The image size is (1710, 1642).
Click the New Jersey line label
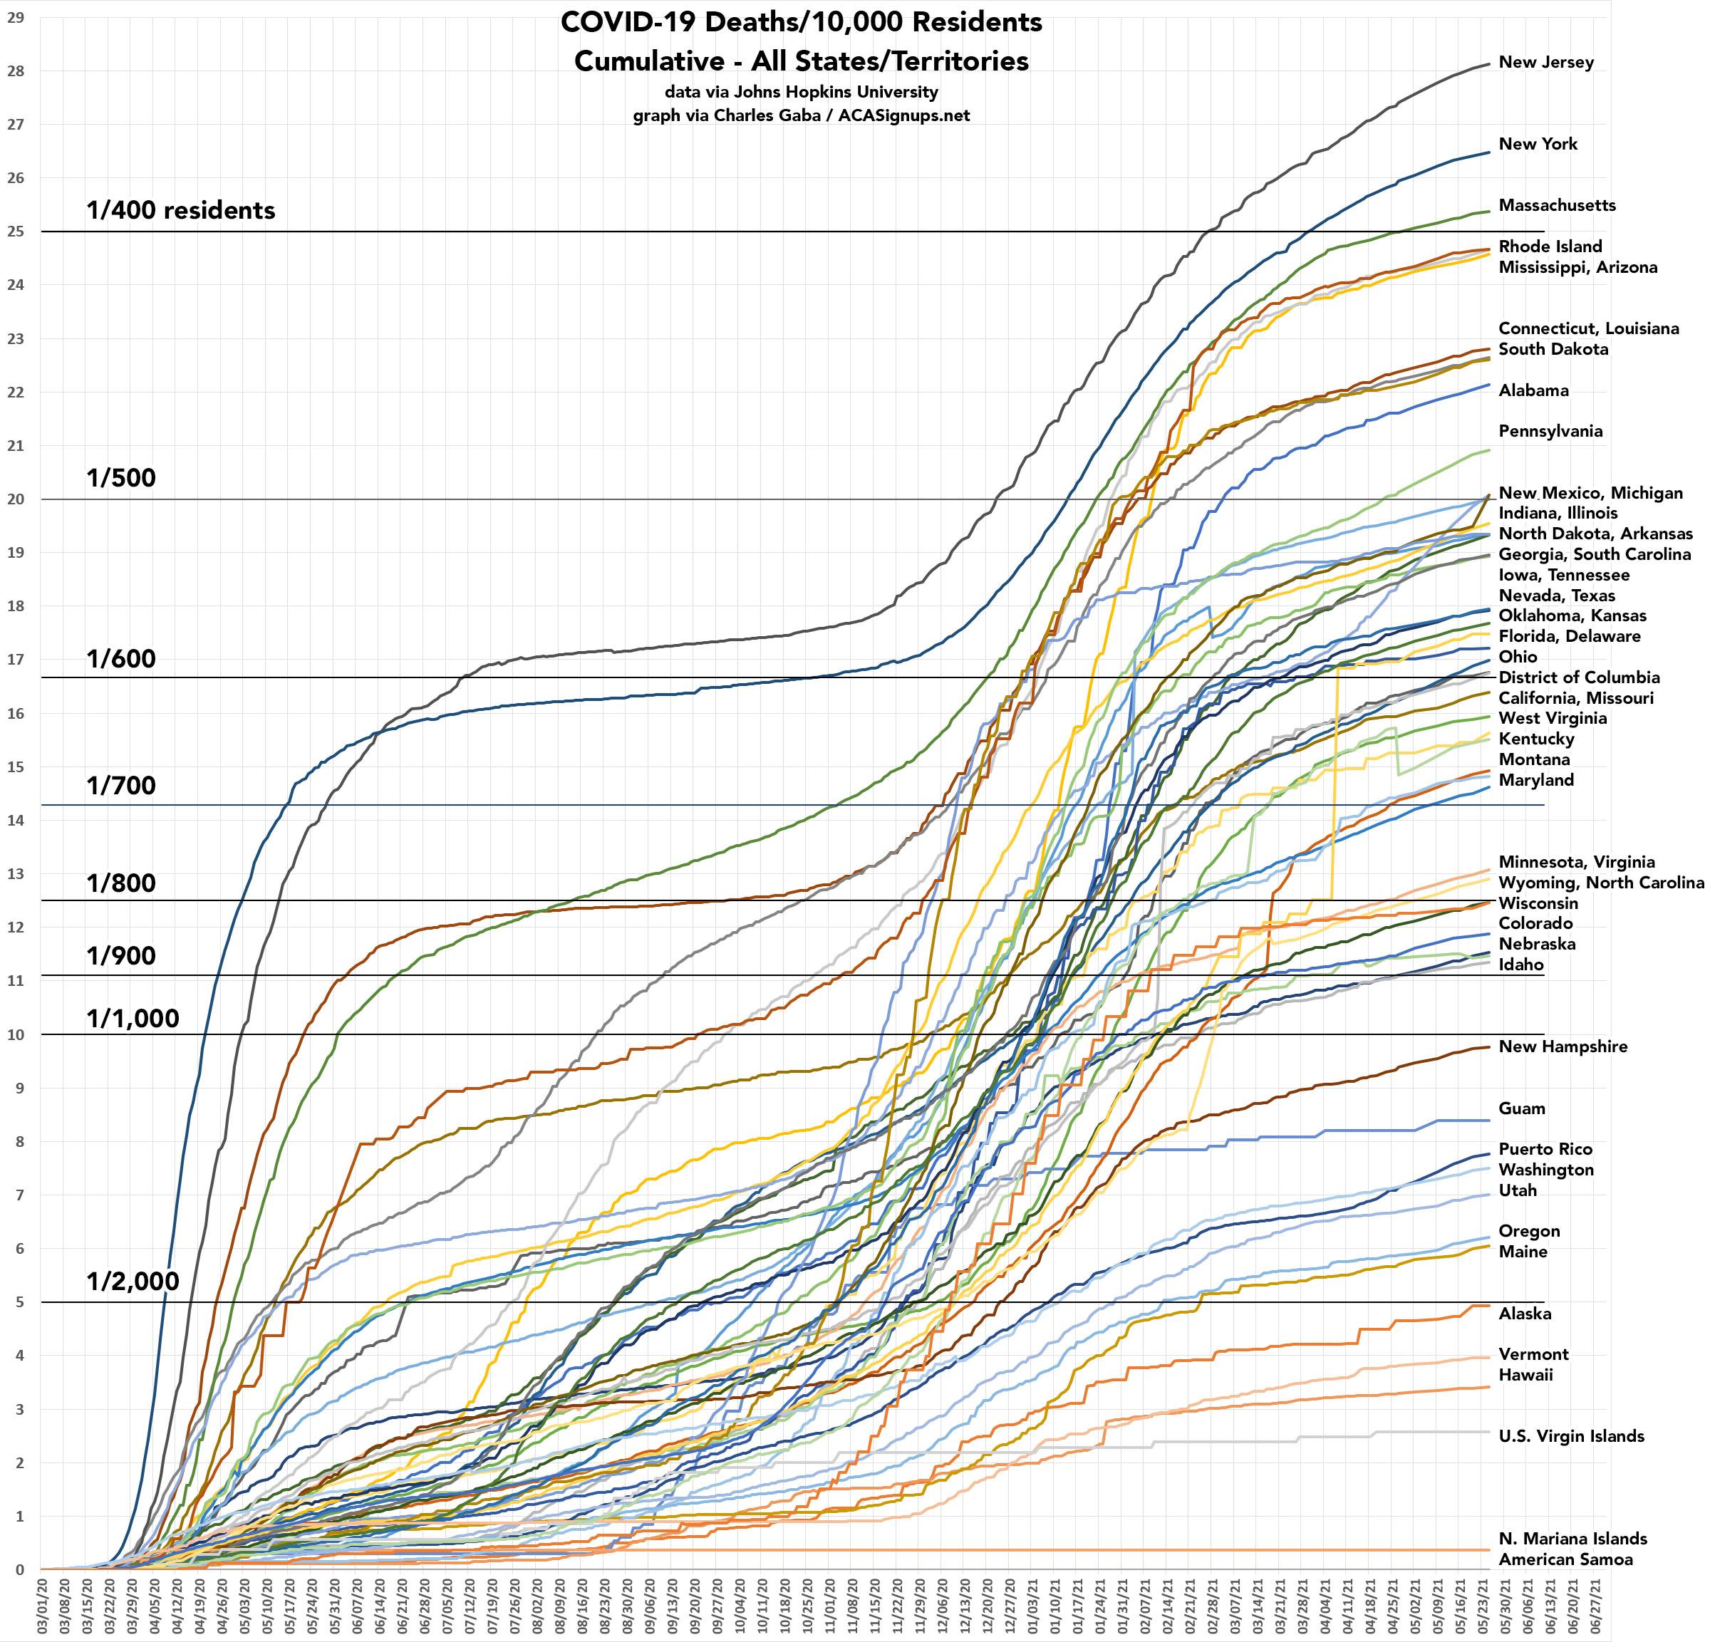[1545, 63]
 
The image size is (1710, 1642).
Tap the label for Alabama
[1533, 391]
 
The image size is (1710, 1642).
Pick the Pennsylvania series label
[1550, 432]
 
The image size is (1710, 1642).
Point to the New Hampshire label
[1562, 1047]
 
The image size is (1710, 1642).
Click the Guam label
[1522, 1109]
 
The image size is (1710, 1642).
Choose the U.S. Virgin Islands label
[1570, 1437]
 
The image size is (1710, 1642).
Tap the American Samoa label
[1565, 1560]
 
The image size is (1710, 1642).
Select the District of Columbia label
[1578, 678]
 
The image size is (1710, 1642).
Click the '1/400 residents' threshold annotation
[180, 211]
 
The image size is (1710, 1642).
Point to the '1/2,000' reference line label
[133, 1282]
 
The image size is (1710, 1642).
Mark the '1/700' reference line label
[120, 786]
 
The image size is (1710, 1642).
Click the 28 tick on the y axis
[16, 71]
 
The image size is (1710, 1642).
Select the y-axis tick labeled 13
[16, 873]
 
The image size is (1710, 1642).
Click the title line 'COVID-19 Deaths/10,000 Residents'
[801, 23]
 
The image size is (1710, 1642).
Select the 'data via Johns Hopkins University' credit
[801, 93]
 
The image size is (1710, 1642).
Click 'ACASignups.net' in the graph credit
[904, 116]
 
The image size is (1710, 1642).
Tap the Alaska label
[1524, 1314]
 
